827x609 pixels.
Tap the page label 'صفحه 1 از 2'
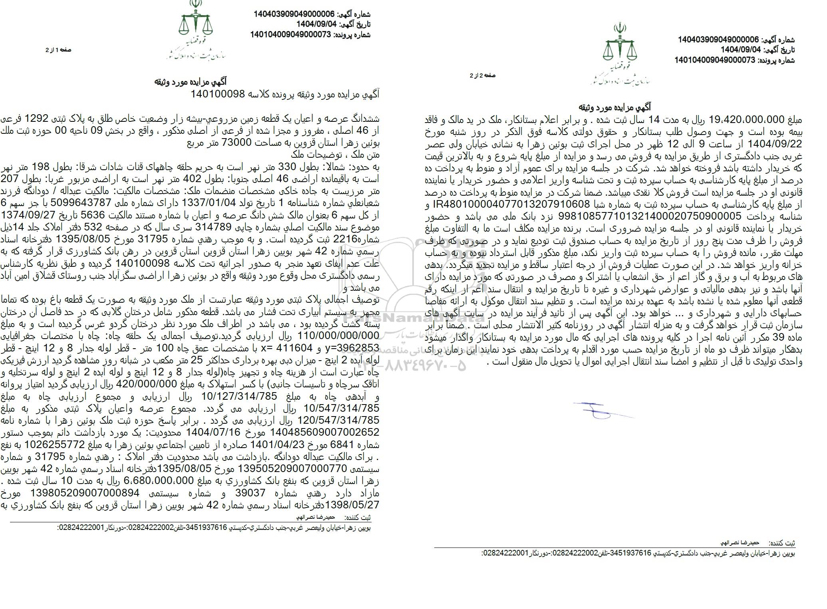point(58,50)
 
